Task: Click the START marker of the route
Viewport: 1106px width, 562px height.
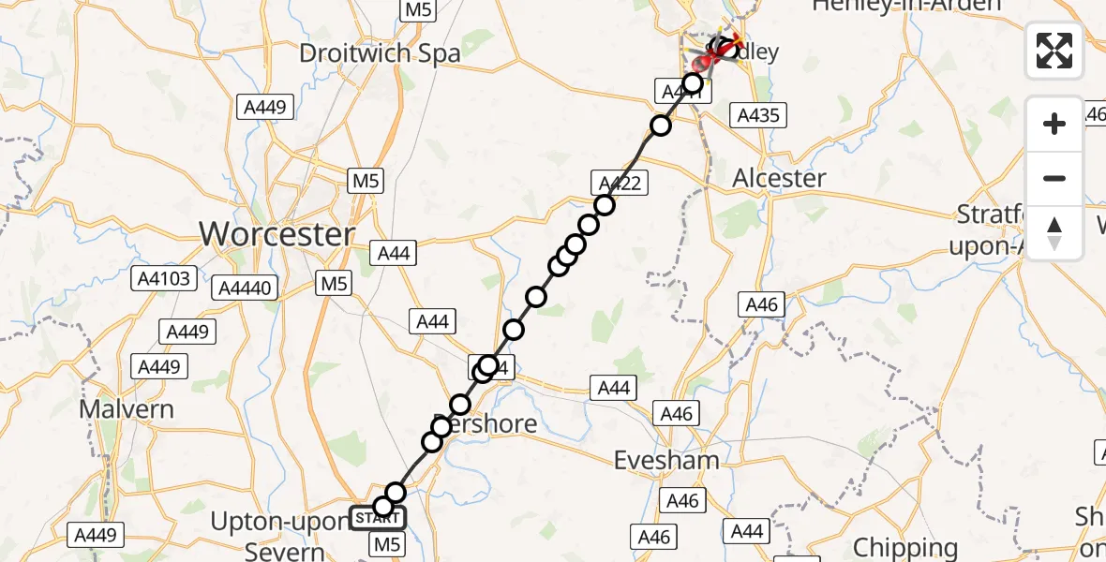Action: tap(377, 518)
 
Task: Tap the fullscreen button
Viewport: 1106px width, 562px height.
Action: tap(1054, 51)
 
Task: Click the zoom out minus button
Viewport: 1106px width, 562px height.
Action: tap(1054, 178)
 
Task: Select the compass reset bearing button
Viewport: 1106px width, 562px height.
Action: tap(1054, 233)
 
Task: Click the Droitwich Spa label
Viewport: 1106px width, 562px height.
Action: tap(380, 52)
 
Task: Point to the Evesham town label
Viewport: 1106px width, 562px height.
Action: tap(666, 459)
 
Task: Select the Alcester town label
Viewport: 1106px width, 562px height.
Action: tap(779, 178)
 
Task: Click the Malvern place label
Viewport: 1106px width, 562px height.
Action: tap(127, 409)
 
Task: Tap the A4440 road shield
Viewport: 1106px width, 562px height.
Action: tap(247, 288)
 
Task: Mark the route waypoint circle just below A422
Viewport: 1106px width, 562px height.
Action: tap(604, 205)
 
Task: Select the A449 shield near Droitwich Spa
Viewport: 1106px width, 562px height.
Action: tap(264, 107)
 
